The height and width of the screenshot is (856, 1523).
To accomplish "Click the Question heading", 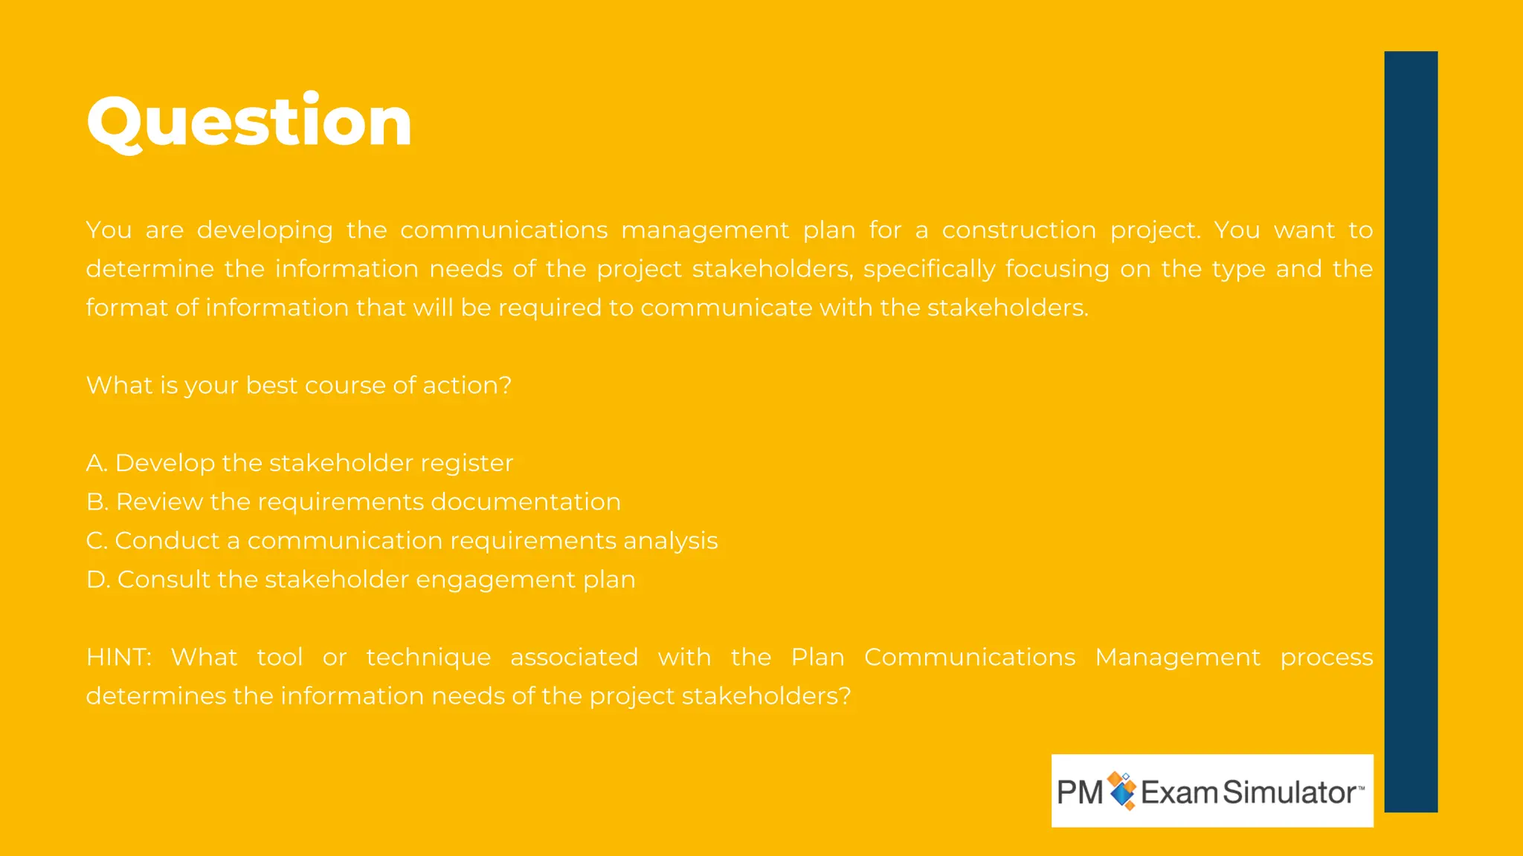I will pyautogui.click(x=249, y=121).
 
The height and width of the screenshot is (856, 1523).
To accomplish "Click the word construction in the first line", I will pyautogui.click(x=1018, y=230).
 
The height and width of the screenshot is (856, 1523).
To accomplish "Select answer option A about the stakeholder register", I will pyautogui.click(x=299, y=463).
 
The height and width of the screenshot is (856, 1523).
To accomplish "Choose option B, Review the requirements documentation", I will pyautogui.click(x=353, y=502).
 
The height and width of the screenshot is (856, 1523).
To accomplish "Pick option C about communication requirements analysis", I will pyautogui.click(x=402, y=541).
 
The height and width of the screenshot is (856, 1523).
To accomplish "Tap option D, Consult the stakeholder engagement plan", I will pyautogui.click(x=361, y=580).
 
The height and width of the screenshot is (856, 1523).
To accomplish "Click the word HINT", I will pyautogui.click(x=118, y=658).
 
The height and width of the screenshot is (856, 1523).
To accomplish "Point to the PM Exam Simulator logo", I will pyautogui.click(x=1211, y=791).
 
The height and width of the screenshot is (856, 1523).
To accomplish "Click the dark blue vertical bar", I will pyautogui.click(x=1410, y=431).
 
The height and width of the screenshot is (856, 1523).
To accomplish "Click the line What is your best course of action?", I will pyautogui.click(x=299, y=386).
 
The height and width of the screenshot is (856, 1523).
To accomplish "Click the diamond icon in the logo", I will pyautogui.click(x=1122, y=791).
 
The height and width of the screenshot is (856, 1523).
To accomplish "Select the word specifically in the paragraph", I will pyautogui.click(x=929, y=269).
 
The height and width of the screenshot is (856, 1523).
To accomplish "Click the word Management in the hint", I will pyautogui.click(x=1176, y=658).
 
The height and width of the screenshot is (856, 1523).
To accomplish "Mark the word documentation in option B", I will pyautogui.click(x=525, y=502).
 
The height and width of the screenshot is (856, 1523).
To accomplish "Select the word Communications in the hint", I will pyautogui.click(x=969, y=658).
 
